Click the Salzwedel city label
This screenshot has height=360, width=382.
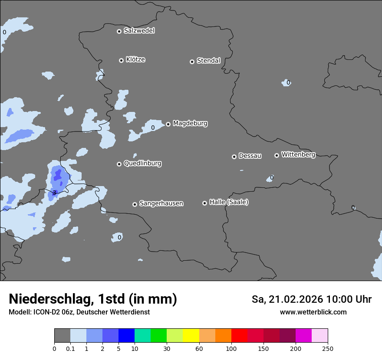pyautogui.click(x=139, y=31)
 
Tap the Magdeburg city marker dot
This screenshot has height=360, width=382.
pyautogui.click(x=168, y=124)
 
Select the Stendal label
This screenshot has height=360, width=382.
pyautogui.click(x=208, y=61)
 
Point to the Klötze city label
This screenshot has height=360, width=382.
pyautogui.click(x=135, y=59)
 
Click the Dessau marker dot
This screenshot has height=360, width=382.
pyautogui.click(x=234, y=157)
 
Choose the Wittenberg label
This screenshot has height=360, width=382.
pyautogui.click(x=298, y=154)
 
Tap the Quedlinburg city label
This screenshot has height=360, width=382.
pyautogui.click(x=142, y=164)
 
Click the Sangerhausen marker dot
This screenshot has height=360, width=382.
pyautogui.click(x=135, y=204)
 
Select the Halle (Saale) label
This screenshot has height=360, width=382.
pyautogui.click(x=229, y=202)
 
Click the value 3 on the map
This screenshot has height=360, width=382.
pyautogui.click(x=54, y=192)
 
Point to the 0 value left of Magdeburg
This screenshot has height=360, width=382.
pyautogui.click(x=153, y=128)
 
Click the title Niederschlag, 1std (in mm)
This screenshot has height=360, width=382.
pyautogui.click(x=93, y=299)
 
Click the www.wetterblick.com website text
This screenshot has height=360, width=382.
pyautogui.click(x=313, y=312)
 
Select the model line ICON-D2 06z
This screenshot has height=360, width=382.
pyautogui.click(x=79, y=312)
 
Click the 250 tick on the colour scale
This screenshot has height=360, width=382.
pyautogui.click(x=328, y=348)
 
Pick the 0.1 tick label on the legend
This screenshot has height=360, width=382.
pyautogui.click(x=70, y=348)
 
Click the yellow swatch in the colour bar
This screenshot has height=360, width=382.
pyautogui.click(x=191, y=336)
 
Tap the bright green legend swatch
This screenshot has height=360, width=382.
pyautogui.click(x=158, y=336)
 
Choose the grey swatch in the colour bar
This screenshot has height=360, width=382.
pyautogui.click(x=62, y=336)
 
